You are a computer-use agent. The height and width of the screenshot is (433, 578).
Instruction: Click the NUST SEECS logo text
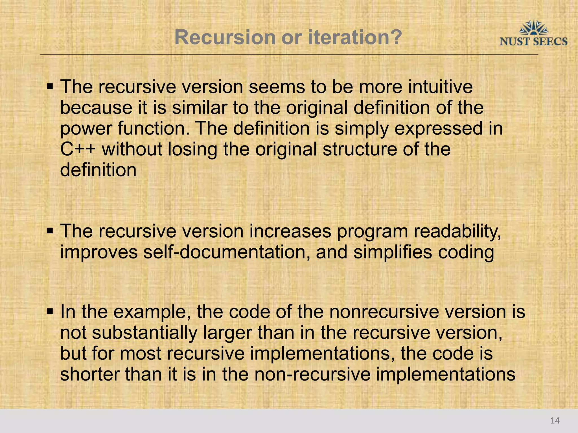(533, 42)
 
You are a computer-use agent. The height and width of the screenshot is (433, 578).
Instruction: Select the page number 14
(555, 421)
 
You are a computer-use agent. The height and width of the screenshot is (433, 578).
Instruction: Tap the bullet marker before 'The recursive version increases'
(50, 231)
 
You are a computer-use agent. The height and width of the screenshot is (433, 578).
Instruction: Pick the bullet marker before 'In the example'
(50, 312)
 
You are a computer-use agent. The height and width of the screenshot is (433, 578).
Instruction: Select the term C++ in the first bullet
(78, 149)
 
